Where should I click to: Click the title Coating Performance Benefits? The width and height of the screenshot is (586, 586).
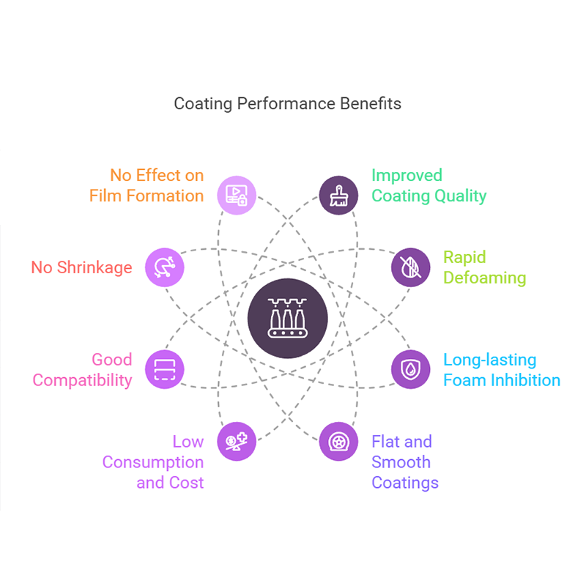pos(287,103)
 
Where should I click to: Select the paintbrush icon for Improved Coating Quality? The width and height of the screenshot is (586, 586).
pos(338,196)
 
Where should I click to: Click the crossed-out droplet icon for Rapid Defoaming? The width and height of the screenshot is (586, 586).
pos(410,267)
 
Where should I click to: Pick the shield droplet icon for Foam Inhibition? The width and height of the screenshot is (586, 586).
pos(410,369)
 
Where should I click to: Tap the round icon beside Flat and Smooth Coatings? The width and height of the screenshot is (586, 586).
pos(338,442)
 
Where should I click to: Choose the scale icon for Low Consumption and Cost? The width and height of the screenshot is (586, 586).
pos(237,442)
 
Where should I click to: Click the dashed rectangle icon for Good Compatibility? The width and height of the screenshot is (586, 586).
pos(165,369)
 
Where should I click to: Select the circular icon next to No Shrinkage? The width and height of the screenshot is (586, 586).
pos(165,267)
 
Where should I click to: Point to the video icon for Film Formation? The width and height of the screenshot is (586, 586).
pos(237,196)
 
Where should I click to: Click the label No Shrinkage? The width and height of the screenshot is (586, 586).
pos(81,267)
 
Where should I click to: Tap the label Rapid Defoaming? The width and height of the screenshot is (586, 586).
pos(484,267)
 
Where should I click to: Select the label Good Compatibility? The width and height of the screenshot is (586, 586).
pos(83,370)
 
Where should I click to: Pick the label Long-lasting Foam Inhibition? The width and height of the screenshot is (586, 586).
pos(501,370)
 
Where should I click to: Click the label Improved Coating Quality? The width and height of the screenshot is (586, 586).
pos(429,185)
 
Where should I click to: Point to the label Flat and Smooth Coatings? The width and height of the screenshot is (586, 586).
pos(404,462)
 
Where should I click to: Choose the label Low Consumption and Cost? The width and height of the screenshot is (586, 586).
pos(153,462)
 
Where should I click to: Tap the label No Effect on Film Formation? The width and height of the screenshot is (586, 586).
pos(146,185)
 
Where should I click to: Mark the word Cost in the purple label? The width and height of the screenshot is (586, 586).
pos(186,483)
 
